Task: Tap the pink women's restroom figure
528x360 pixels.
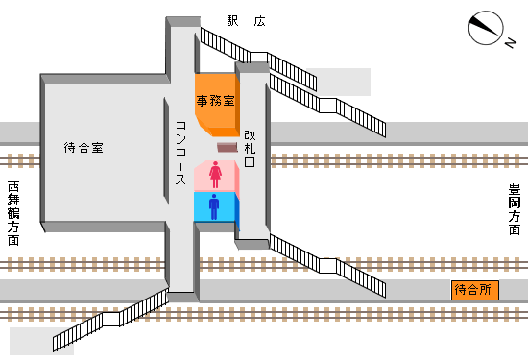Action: pos(215,174)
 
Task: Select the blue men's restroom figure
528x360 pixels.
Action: pos(215,205)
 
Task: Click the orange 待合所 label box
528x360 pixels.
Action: pos(475,289)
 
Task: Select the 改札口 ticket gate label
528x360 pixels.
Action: pos(251,149)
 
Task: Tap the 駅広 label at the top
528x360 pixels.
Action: pos(246,21)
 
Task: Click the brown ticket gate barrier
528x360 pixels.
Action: pos(227,147)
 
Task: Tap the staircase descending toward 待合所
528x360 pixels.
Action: pos(326,264)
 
